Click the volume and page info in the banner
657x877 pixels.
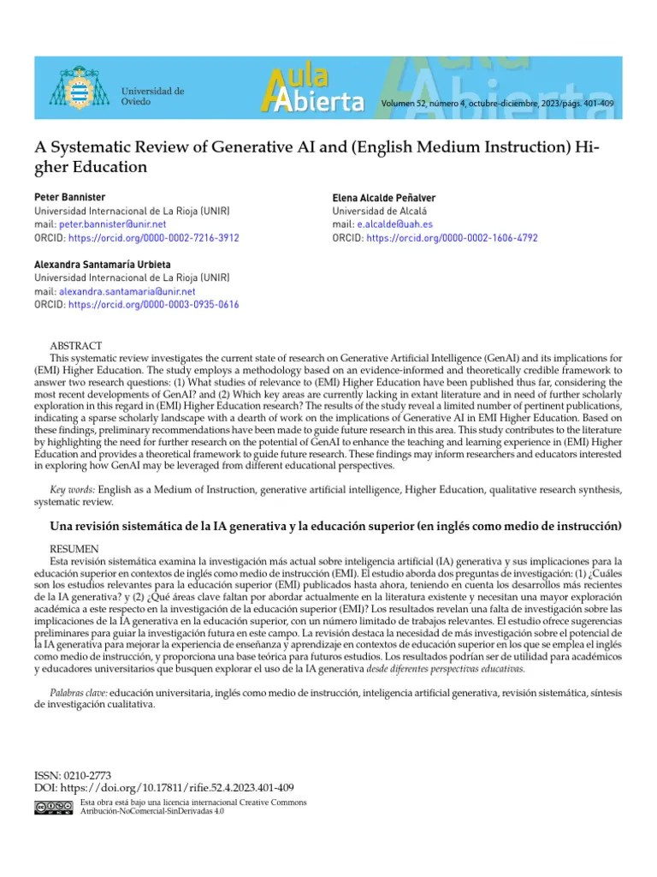click(x=498, y=104)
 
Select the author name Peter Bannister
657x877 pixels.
click(x=68, y=197)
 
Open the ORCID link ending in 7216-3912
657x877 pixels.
click(x=153, y=238)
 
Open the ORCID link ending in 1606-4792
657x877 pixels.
click(x=452, y=238)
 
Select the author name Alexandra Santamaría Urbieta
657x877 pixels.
click(x=103, y=264)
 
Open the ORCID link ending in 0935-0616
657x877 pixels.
click(x=153, y=305)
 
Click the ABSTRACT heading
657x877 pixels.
click(x=75, y=345)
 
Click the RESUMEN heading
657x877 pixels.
click(x=74, y=548)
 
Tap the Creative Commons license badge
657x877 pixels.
click(x=53, y=807)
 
